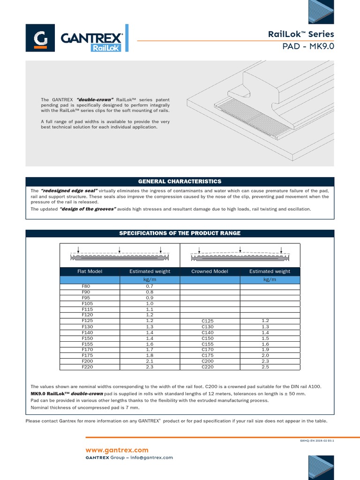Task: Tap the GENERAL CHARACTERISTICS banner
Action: tap(180, 181)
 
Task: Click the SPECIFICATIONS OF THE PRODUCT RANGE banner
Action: tap(180, 233)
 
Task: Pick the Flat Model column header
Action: tap(90, 271)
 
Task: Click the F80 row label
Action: tap(86, 286)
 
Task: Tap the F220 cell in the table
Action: tap(87, 367)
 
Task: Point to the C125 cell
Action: tap(208, 321)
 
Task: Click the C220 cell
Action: tap(208, 367)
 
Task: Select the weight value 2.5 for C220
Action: tap(266, 367)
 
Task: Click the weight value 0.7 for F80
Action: tap(150, 286)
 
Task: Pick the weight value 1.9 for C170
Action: tap(266, 349)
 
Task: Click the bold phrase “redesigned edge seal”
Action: tap(69, 191)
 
